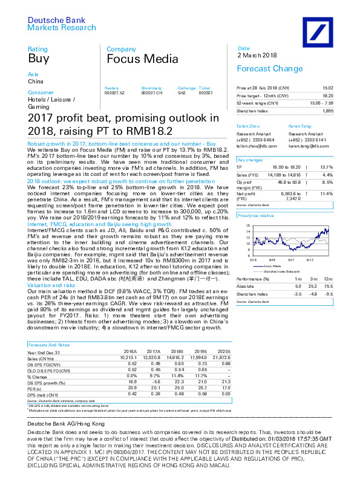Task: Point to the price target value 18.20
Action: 327,96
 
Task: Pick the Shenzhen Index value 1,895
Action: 327,111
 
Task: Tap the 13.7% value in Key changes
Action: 327,166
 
